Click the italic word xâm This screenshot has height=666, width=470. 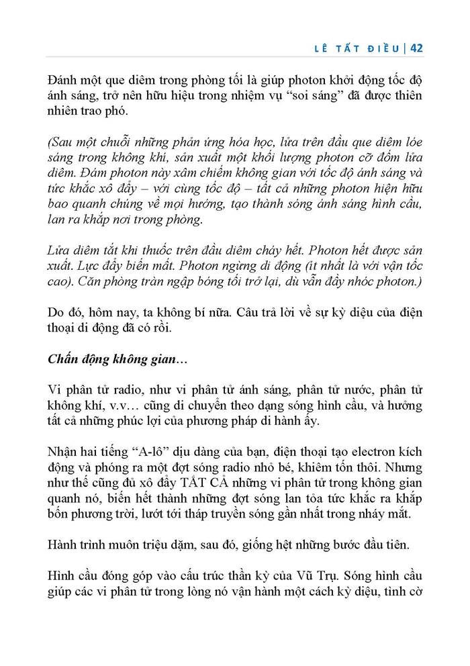click(x=182, y=174)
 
